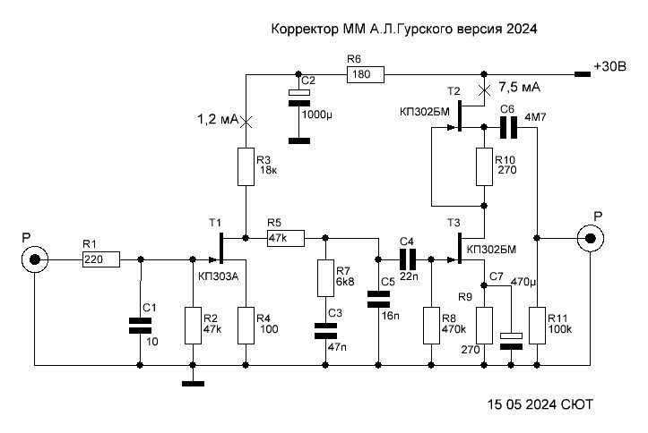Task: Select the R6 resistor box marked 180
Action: click(x=365, y=75)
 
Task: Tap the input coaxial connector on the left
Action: click(x=34, y=259)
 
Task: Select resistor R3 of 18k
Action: click(x=246, y=166)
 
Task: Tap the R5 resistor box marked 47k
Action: click(x=286, y=238)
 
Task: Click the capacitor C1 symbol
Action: click(x=140, y=325)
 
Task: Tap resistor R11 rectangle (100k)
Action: click(x=538, y=326)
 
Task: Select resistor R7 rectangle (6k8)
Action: click(x=325, y=277)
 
